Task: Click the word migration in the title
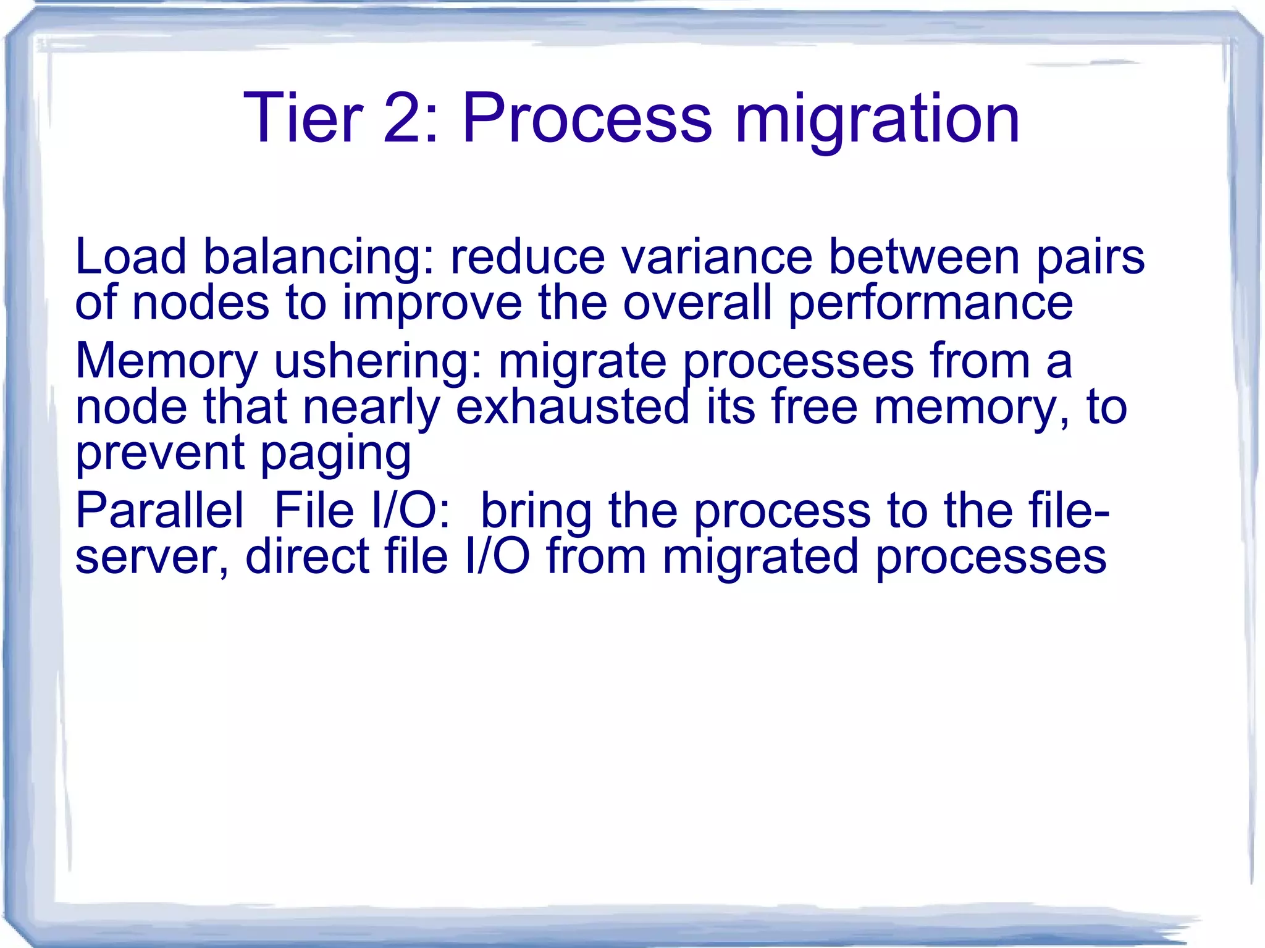(877, 119)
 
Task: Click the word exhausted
(572, 408)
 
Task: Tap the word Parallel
(159, 511)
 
